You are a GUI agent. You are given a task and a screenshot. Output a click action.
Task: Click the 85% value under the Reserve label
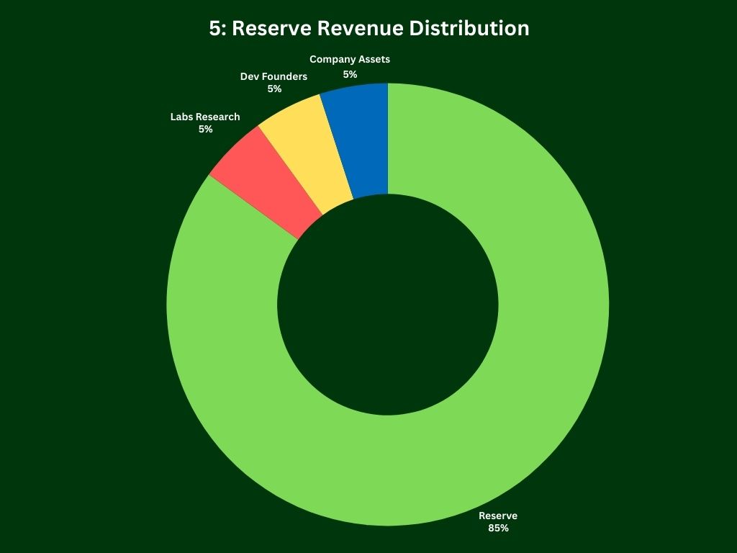(x=497, y=528)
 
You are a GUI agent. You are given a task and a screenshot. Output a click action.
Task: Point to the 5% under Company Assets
(x=350, y=74)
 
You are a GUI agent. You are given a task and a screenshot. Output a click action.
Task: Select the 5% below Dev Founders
(x=274, y=89)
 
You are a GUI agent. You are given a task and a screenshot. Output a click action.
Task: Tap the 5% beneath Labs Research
(x=206, y=129)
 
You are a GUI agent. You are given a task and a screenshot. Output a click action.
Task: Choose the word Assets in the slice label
(x=375, y=60)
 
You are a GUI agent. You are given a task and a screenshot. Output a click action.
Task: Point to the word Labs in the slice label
(x=182, y=117)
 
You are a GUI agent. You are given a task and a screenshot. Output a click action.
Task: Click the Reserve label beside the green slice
(x=498, y=516)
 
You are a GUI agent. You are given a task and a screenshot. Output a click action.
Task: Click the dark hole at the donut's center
(x=387, y=305)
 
